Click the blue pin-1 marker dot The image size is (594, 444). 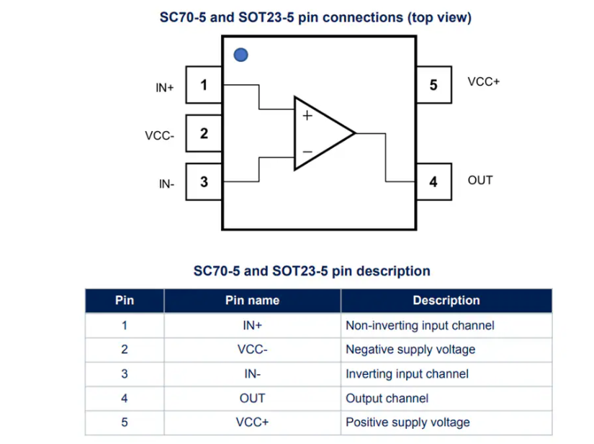coord(241,55)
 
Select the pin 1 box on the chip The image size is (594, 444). coord(204,85)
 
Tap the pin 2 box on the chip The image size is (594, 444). coord(204,133)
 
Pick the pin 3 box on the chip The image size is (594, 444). coord(204,181)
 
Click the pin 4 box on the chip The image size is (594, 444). coord(433,181)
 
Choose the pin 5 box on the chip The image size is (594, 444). coord(433,85)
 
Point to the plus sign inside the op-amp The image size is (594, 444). coord(307,115)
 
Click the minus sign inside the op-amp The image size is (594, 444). coord(307,152)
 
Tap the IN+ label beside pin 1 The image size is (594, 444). coord(165,88)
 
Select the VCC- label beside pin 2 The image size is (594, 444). coord(160,135)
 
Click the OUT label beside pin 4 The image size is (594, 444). coord(480,180)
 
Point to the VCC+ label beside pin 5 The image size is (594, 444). coord(484,82)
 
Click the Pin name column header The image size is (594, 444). coord(252,301)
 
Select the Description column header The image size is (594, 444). coord(446,301)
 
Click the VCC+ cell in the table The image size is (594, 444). coord(252,422)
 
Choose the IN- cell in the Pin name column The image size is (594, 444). coord(252,374)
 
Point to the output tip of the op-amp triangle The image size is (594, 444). coord(356,133)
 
